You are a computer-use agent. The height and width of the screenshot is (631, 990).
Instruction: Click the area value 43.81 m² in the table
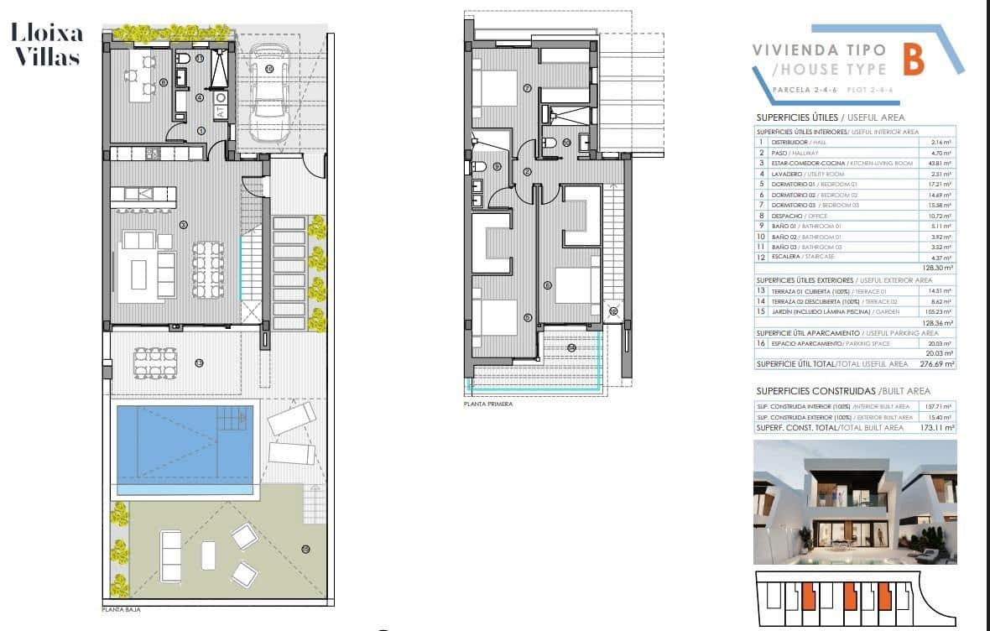[x=940, y=164]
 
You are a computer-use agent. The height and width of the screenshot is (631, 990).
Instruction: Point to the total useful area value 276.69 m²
[x=939, y=364]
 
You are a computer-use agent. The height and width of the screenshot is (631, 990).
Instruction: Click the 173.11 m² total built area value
[x=938, y=427]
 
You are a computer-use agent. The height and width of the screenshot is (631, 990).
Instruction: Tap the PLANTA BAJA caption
[x=119, y=611]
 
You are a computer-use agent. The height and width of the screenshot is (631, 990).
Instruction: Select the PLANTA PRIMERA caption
[x=487, y=404]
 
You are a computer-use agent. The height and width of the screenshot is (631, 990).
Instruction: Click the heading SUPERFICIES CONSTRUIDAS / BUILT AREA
[x=831, y=391]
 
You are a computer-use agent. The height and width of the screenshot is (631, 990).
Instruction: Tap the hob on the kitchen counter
[x=152, y=153]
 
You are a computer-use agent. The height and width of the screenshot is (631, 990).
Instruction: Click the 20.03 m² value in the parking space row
[x=940, y=343]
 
